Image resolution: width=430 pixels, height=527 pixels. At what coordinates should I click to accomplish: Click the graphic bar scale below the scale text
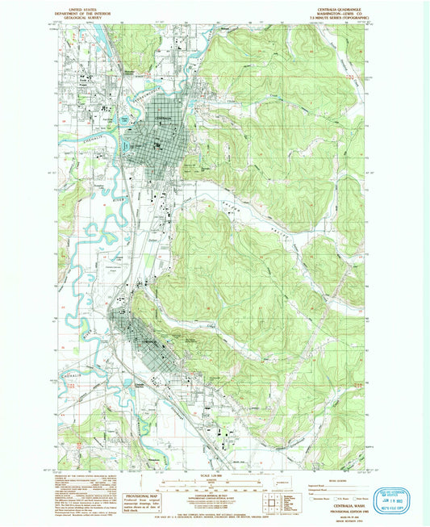212,484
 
